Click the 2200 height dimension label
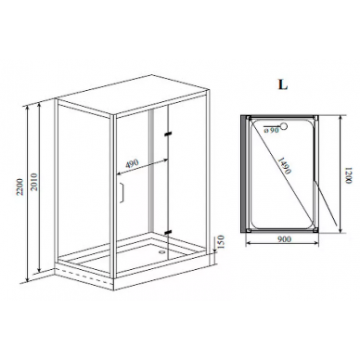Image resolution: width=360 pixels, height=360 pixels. coord(19,186)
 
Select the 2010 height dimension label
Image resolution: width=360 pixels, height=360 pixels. coord(33,182)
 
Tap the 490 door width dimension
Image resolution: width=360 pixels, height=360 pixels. coord(132,163)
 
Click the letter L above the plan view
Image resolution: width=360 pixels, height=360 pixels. coord(283,84)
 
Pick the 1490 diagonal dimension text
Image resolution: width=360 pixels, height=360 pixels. coord(284,166)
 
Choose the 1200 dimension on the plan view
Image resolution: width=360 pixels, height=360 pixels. coord(349,175)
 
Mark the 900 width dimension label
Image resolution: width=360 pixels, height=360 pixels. coord(283,239)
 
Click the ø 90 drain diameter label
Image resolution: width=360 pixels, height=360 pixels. coord(272,131)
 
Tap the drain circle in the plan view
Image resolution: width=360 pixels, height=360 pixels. coord(284,126)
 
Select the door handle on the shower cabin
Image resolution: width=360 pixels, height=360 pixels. coord(122,193)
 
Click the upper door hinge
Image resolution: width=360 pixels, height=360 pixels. coord(168,135)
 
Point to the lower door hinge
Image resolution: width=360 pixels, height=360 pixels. coord(168,232)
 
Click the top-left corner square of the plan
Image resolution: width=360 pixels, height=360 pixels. coord(249,118)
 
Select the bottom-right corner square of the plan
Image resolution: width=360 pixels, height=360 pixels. coord(315,230)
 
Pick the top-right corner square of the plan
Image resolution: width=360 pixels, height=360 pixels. coord(315,118)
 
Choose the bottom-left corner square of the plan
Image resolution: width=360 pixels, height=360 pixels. coord(249,230)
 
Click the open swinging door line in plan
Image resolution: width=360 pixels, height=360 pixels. coord(326,203)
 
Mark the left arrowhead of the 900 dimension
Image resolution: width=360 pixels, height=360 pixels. coord(248,244)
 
